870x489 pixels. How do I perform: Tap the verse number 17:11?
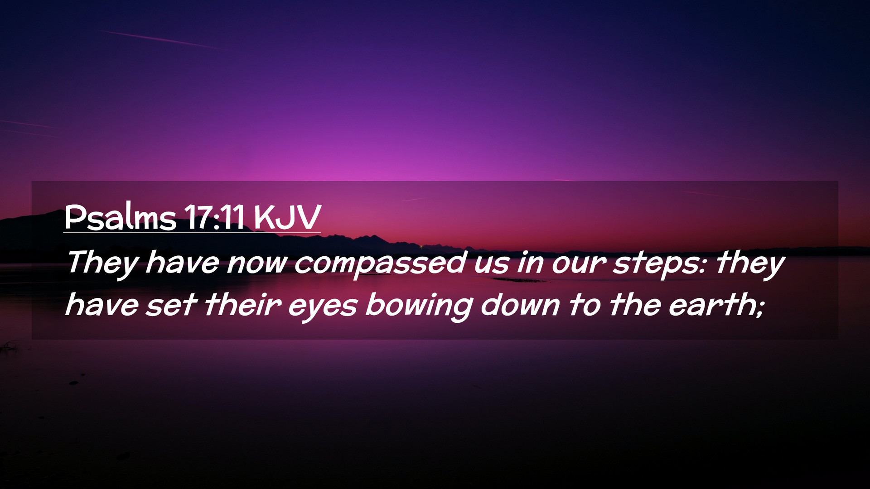point(214,217)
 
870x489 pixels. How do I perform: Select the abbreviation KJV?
point(287,217)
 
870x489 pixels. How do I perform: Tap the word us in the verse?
point(491,265)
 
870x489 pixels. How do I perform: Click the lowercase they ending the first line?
point(750,264)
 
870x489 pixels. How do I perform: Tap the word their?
point(243,304)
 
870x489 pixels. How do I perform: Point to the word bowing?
point(419,306)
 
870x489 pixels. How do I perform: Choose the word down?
point(521,305)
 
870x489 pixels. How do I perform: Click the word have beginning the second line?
point(102,304)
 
